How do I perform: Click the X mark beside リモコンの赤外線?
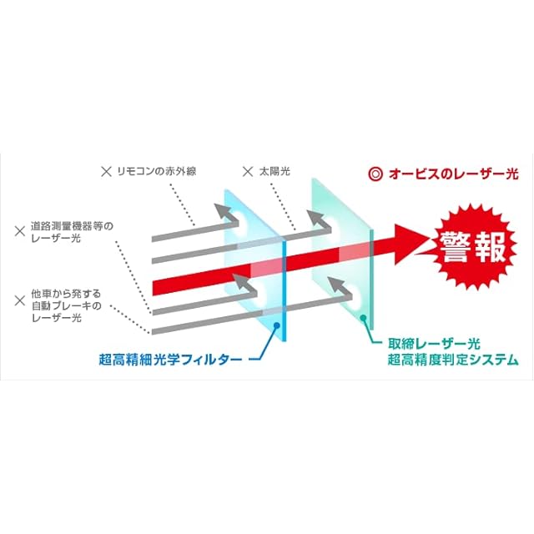point(106,173)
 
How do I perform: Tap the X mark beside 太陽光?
point(247,173)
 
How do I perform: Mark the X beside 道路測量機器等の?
point(19,226)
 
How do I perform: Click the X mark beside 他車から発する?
point(19,294)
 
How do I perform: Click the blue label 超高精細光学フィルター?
point(170,360)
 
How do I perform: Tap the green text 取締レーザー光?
point(433,344)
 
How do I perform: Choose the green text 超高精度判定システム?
point(453,360)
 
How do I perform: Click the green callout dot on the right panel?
point(363,318)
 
